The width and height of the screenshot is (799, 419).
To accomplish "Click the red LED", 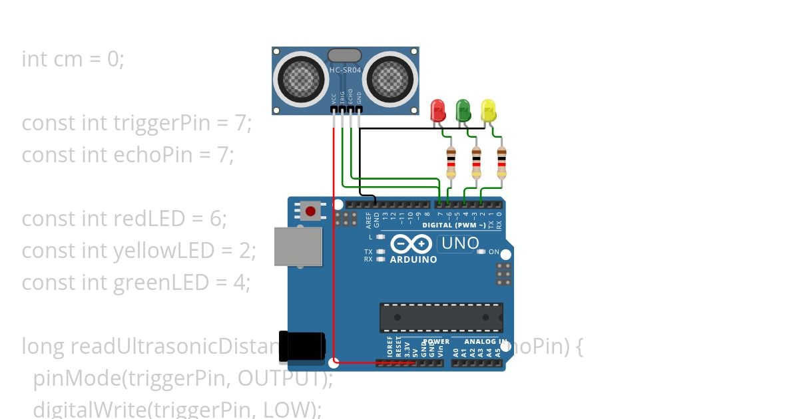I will [437, 110].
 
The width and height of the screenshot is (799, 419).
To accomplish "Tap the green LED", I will [463, 110].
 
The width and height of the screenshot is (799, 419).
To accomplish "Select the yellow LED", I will [488, 110].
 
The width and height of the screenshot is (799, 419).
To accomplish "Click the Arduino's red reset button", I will [310, 211].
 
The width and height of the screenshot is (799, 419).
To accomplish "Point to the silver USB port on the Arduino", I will [298, 246].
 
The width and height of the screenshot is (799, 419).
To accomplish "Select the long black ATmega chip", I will [441, 317].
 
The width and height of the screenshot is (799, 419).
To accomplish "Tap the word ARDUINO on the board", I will [413, 259].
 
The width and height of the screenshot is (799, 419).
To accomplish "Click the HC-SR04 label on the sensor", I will [345, 70].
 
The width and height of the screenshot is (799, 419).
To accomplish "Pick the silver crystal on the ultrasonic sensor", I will [344, 55].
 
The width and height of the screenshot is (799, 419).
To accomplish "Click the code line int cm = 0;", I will [73, 59].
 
